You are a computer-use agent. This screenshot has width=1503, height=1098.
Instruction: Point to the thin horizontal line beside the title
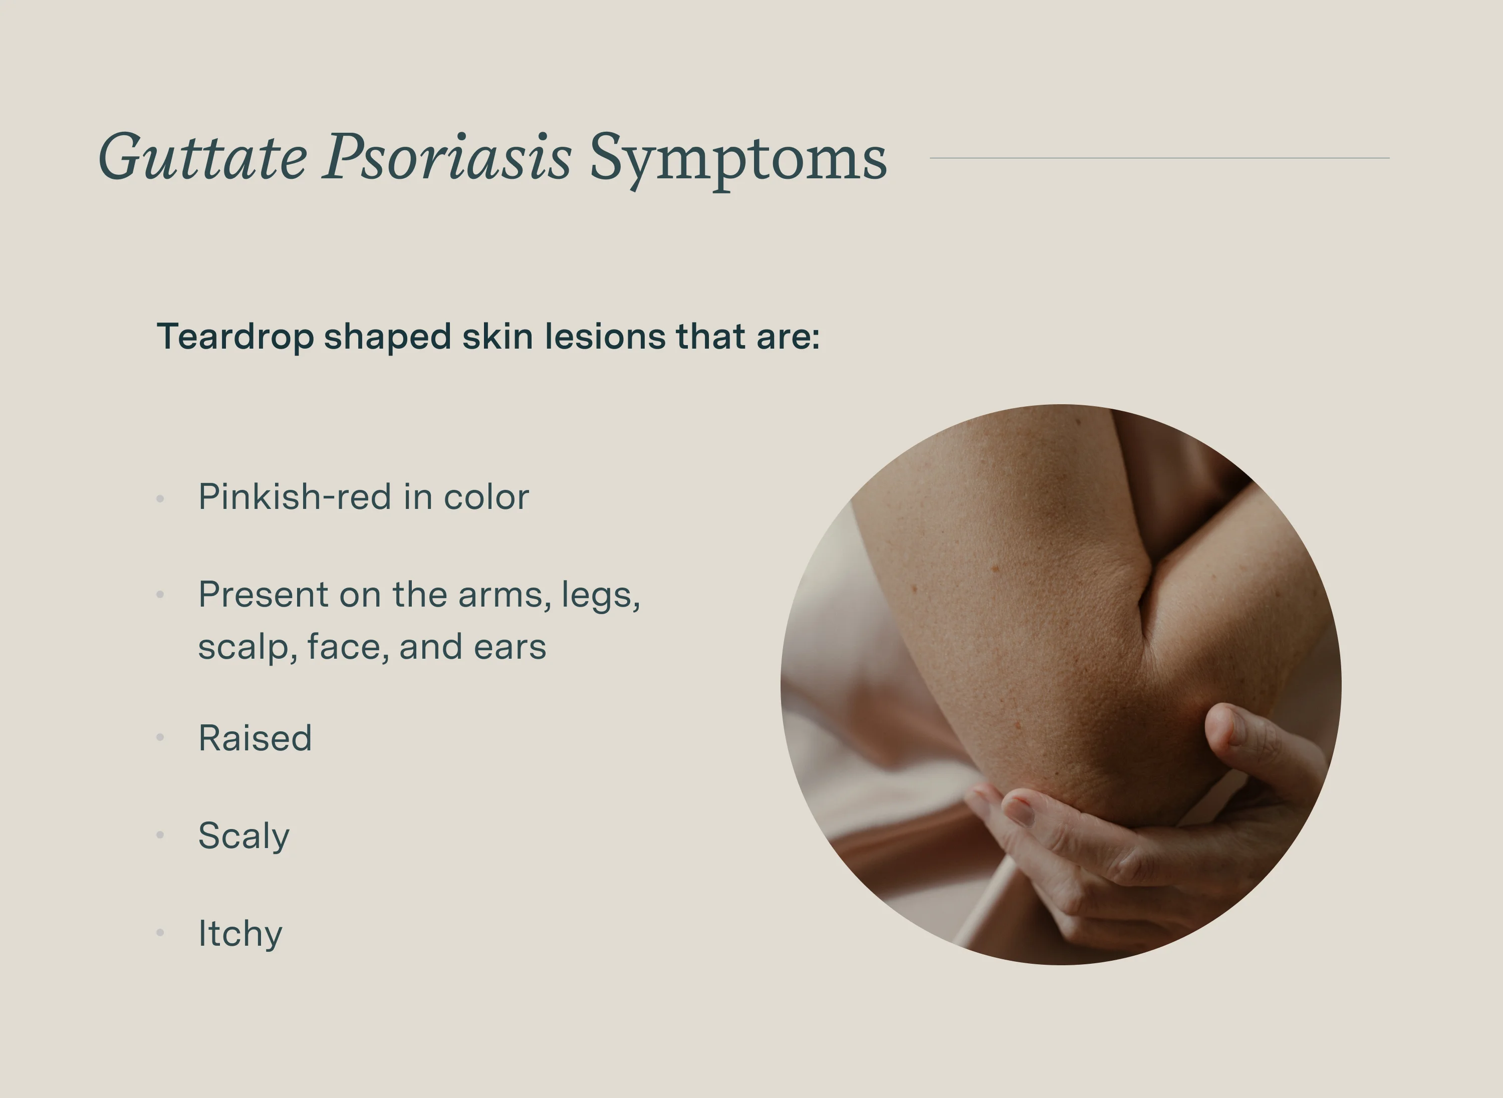click(1159, 158)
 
